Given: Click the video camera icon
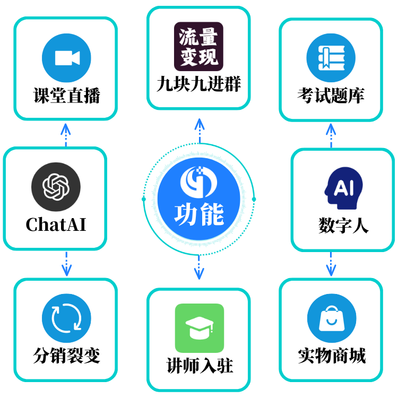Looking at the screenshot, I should click(66, 57).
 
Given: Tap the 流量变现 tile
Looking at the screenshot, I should click(198, 47).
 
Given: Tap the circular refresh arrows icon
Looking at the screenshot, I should click(66, 318).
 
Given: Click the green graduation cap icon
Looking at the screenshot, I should click(200, 328).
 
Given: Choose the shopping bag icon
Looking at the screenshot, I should click(331, 318).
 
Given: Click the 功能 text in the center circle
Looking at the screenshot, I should click(199, 214).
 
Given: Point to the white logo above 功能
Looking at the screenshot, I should click(199, 181).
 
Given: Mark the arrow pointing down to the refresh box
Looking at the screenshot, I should click(66, 265).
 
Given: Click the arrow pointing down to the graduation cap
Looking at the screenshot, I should click(199, 268).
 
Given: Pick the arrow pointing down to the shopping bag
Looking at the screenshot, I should click(331, 265).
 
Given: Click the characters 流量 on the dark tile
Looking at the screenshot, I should click(198, 37).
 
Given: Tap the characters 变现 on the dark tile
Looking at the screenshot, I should click(198, 57).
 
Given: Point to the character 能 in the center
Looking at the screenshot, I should click(212, 214).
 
